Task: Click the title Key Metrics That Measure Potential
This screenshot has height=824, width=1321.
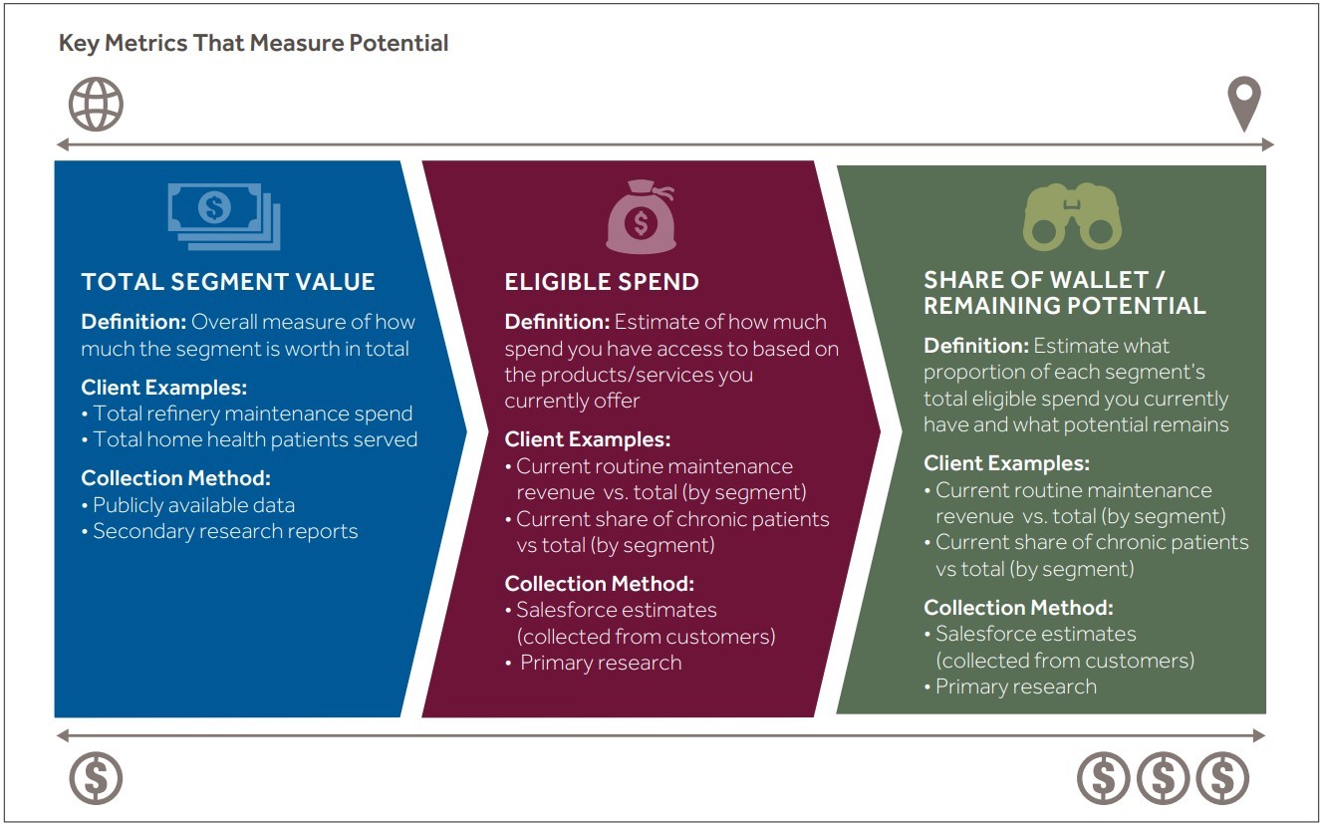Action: (253, 44)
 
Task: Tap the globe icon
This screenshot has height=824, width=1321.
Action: (96, 104)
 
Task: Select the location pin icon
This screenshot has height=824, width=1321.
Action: (1243, 105)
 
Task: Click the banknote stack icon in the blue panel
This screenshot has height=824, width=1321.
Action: (224, 214)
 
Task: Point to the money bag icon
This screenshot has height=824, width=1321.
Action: (641, 218)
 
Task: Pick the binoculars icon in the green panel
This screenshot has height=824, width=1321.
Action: (1071, 216)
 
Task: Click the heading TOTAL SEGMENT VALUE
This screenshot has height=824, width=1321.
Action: (228, 282)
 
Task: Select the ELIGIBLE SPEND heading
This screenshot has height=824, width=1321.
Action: (602, 282)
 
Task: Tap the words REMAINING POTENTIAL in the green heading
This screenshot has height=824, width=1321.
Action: (1064, 306)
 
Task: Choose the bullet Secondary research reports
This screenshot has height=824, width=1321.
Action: (225, 531)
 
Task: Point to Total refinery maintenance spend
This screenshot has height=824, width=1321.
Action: (252, 413)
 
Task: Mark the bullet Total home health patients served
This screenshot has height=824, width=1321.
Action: (255, 439)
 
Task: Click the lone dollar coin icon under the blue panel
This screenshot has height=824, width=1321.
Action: (96, 777)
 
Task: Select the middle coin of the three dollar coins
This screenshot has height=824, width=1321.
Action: (1163, 777)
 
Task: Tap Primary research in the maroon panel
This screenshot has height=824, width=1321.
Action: (601, 663)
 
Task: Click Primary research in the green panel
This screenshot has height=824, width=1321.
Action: (1015, 687)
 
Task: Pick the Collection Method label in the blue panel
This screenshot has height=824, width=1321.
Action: (175, 478)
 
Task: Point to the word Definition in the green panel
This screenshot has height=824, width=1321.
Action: (975, 346)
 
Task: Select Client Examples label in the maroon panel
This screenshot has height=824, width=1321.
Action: (587, 439)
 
